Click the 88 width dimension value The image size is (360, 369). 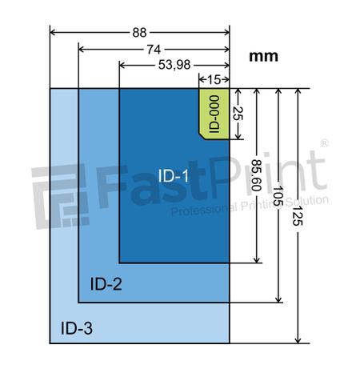click(x=140, y=33)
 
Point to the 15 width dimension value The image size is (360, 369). click(x=214, y=79)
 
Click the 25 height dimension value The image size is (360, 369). click(x=237, y=113)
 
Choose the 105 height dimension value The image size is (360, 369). click(x=278, y=195)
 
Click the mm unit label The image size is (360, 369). click(x=264, y=56)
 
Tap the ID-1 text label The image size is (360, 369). click(x=172, y=175)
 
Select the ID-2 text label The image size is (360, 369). click(x=106, y=283)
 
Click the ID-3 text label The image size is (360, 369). click(x=78, y=327)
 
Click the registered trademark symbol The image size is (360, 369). click(x=324, y=145)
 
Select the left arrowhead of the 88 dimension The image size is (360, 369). click(x=54, y=33)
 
